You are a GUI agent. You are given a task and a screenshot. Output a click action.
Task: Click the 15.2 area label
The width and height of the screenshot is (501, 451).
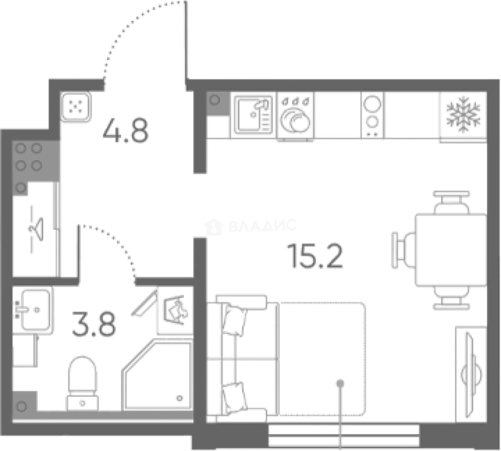point(315,256)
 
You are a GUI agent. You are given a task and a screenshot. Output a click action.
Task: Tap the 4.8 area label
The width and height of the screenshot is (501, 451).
point(126,130)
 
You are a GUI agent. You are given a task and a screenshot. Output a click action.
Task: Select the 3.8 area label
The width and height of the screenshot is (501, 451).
point(94,324)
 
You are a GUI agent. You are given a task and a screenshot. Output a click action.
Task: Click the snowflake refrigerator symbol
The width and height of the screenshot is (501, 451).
point(463,114)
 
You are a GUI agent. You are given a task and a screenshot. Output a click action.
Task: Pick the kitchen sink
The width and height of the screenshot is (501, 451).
point(253,114)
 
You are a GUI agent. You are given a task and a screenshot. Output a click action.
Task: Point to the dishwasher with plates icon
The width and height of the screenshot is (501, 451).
point(295,117)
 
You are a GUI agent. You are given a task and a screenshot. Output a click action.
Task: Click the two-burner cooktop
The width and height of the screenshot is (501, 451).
point(372,115)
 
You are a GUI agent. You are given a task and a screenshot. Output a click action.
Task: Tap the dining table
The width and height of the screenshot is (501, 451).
point(451,250)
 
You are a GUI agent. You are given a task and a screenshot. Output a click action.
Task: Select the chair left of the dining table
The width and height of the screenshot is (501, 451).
point(403,250)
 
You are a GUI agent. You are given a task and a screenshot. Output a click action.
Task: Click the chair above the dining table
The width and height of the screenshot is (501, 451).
point(451,202)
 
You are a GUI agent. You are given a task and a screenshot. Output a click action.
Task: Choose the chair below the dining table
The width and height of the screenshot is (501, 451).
point(451,298)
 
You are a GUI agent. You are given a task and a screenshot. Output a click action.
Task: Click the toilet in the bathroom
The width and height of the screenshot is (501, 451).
point(82,383)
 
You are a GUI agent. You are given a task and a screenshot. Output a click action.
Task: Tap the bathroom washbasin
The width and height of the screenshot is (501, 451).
point(33,310)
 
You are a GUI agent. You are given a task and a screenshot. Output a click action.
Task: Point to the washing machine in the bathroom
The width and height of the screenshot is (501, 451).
point(175,310)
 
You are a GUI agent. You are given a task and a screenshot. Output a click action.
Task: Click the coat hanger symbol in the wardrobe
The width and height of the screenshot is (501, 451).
point(37,229)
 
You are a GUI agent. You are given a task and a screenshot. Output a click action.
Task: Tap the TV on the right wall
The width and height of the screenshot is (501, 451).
point(471,375)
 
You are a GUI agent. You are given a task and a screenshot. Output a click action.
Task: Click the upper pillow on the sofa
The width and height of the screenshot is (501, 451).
point(234,320)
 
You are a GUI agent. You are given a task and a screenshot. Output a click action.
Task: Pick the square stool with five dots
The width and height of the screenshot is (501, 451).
point(76,106)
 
